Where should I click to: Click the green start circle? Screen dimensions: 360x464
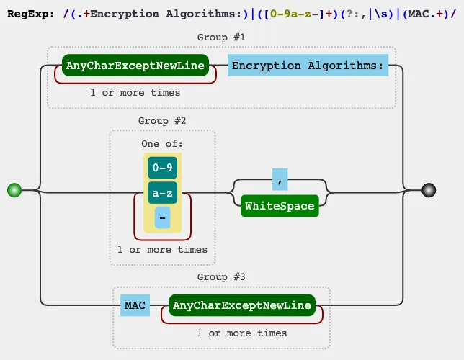click(x=13, y=190)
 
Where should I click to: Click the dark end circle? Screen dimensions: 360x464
click(x=429, y=190)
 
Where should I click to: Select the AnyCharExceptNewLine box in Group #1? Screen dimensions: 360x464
click(x=135, y=66)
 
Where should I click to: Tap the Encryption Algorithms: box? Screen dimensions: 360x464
click(x=308, y=66)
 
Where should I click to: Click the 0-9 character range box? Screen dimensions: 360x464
click(x=162, y=168)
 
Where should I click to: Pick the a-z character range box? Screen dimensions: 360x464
click(x=162, y=193)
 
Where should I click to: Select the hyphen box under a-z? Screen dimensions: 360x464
click(x=162, y=217)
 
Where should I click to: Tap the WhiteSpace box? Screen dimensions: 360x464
click(x=280, y=206)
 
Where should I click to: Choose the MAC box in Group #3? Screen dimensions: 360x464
click(x=135, y=305)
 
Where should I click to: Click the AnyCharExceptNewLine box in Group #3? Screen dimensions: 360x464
click(x=242, y=305)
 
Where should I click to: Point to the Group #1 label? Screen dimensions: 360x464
click(x=221, y=37)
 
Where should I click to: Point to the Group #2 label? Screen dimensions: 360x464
click(x=162, y=120)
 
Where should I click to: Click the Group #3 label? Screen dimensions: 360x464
click(x=221, y=276)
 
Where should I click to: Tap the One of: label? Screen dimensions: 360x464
click(x=162, y=143)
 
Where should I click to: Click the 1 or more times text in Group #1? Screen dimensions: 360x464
click(x=135, y=92)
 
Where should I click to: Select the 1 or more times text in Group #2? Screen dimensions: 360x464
click(x=162, y=249)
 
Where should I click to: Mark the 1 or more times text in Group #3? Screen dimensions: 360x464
click(x=242, y=333)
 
